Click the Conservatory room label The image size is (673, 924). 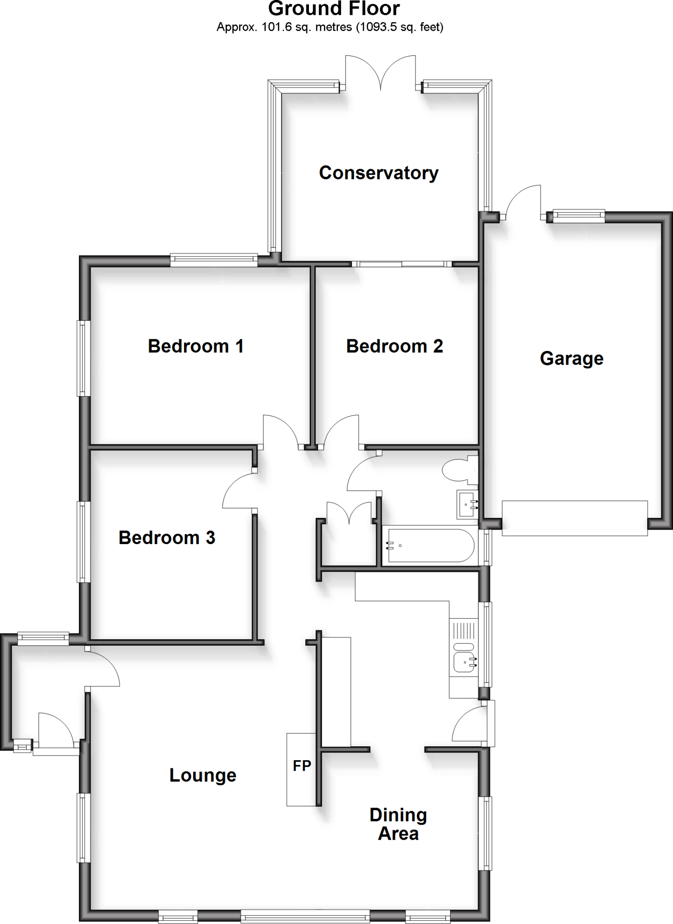point(378,173)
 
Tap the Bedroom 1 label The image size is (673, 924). point(196,346)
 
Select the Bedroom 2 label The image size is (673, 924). point(394,346)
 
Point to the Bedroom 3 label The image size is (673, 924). point(166,537)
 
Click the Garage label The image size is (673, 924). point(572,358)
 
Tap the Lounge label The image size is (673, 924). point(203,775)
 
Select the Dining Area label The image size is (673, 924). point(398,824)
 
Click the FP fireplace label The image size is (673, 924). point(302,766)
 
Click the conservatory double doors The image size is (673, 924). point(380,72)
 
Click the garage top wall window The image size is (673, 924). point(579,216)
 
